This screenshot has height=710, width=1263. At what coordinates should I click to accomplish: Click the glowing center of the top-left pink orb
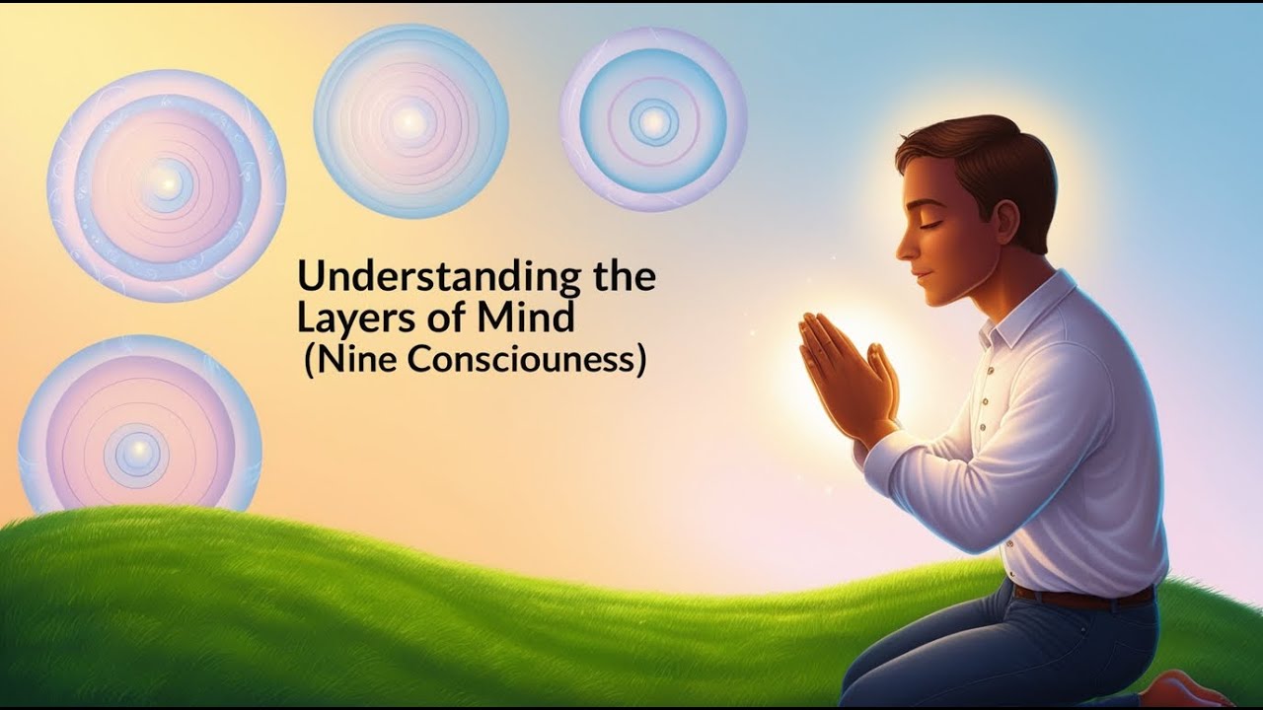(167, 184)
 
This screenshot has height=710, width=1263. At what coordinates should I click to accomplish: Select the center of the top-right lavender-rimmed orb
(652, 121)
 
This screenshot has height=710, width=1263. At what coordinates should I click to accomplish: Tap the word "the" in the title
(622, 278)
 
